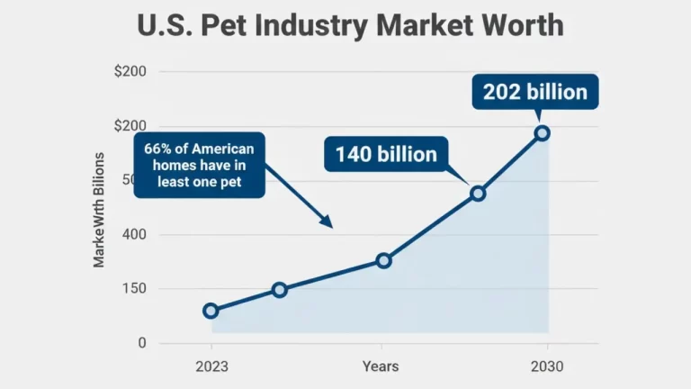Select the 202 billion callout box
pyautogui.click(x=534, y=92)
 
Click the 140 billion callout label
pyautogui.click(x=386, y=154)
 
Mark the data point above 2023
pyautogui.click(x=211, y=311)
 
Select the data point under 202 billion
pyautogui.click(x=542, y=133)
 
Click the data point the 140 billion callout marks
pyautogui.click(x=478, y=194)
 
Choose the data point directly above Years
pyautogui.click(x=383, y=260)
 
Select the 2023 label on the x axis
pyautogui.click(x=211, y=366)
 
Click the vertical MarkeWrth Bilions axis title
pyautogui.click(x=99, y=210)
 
